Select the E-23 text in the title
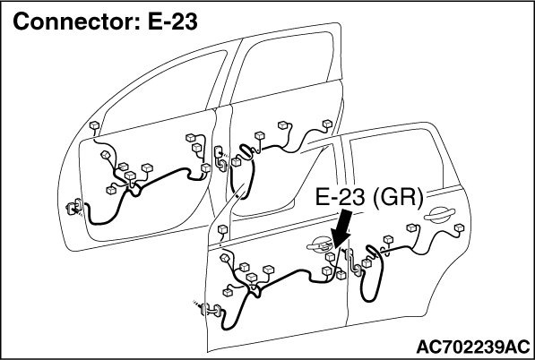point(173,21)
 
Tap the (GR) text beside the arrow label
point(398,197)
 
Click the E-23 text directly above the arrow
point(340,197)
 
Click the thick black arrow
point(342,228)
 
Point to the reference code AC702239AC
point(473,347)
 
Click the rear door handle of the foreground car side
point(439,215)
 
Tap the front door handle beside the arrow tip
point(320,244)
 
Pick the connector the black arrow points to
point(330,256)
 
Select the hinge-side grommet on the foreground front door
point(209,310)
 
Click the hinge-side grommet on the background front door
point(74,207)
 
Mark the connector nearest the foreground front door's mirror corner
point(222,229)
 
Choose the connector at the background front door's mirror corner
point(94,125)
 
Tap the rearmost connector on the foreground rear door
point(459,227)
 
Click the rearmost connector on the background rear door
point(327,124)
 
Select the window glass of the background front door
point(162,91)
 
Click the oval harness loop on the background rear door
point(246,151)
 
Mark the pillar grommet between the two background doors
point(220,159)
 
